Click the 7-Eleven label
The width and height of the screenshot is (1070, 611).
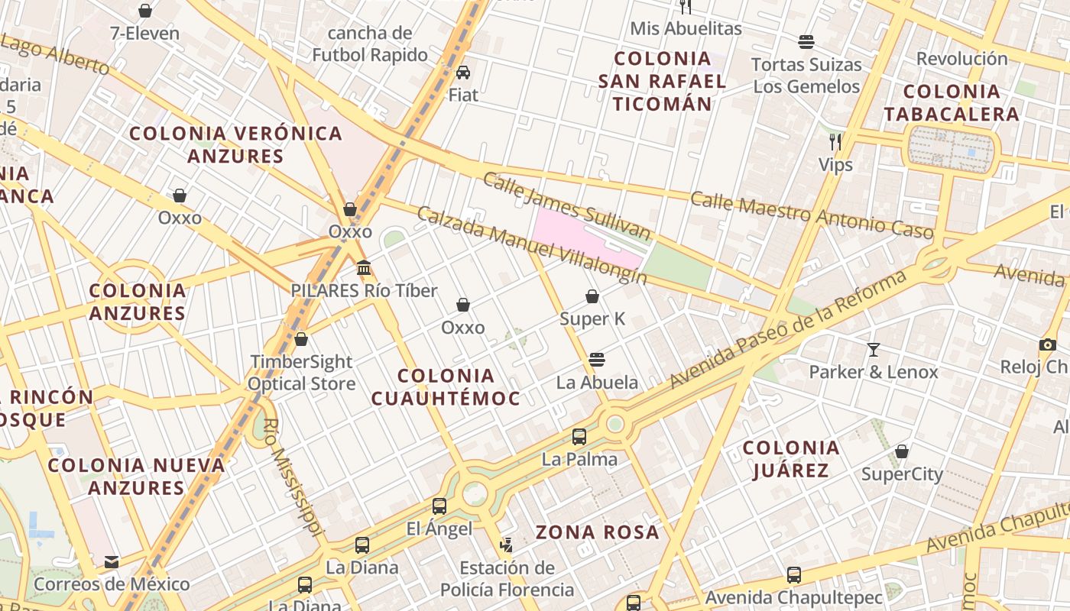click(x=144, y=34)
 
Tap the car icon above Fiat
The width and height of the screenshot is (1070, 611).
click(x=463, y=73)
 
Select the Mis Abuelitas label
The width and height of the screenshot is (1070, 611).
click(x=686, y=29)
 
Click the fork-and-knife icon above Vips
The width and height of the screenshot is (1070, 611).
click(x=835, y=141)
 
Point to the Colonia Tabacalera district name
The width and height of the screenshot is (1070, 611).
click(x=951, y=103)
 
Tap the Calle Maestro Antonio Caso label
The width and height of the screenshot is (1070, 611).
click(x=812, y=215)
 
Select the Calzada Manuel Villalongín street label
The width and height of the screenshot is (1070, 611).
click(x=531, y=244)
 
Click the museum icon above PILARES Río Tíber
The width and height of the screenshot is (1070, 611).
click(x=364, y=268)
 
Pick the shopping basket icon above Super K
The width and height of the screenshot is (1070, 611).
click(x=592, y=296)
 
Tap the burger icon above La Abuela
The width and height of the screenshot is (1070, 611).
click(x=597, y=359)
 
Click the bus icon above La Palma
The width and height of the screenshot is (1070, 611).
click(x=579, y=437)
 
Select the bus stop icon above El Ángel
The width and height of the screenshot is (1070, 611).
click(x=439, y=506)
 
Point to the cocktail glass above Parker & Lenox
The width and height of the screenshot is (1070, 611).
click(x=874, y=350)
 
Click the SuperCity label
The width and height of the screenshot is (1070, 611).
click(x=902, y=474)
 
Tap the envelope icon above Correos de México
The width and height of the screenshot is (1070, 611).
click(x=112, y=562)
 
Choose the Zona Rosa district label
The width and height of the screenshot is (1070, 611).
click(x=597, y=532)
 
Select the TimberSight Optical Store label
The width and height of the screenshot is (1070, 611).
click(x=301, y=373)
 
